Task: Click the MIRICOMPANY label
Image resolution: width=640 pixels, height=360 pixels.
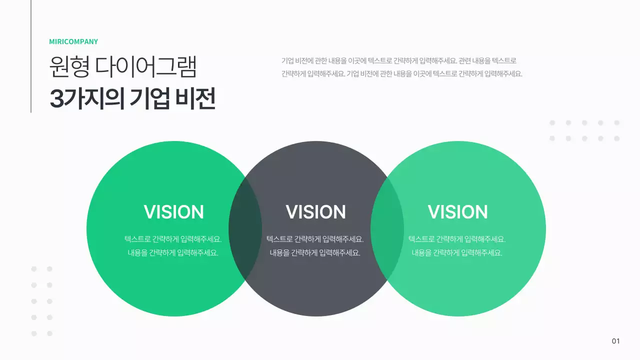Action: [73, 42]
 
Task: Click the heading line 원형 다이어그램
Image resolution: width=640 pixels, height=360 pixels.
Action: [123, 67]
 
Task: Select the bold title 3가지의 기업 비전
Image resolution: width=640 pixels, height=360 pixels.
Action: [132, 99]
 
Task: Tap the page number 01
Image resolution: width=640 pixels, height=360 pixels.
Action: [615, 341]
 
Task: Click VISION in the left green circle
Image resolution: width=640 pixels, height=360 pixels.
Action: [173, 212]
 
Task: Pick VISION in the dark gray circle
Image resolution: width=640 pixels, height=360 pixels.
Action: [315, 212]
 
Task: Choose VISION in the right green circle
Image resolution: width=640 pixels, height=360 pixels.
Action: [457, 212]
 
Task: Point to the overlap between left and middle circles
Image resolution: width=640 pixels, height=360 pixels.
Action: [245, 228]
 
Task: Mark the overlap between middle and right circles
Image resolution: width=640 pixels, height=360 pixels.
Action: [387, 228]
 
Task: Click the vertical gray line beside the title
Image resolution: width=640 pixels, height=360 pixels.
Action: [31, 56]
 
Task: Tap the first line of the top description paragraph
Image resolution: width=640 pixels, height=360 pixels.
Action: [398, 61]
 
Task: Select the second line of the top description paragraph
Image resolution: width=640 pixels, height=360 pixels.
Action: [401, 74]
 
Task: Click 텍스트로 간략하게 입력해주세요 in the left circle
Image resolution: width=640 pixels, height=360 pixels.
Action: [173, 239]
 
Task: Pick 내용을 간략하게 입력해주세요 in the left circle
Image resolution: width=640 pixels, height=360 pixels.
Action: [173, 253]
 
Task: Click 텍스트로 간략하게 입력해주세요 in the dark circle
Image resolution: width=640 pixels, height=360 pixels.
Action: [315, 239]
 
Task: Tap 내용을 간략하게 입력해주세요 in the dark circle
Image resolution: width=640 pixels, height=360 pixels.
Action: [315, 253]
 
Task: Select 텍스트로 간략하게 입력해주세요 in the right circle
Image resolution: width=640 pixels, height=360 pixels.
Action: [457, 239]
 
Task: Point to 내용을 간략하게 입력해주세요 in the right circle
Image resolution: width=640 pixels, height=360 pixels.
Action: [457, 253]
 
